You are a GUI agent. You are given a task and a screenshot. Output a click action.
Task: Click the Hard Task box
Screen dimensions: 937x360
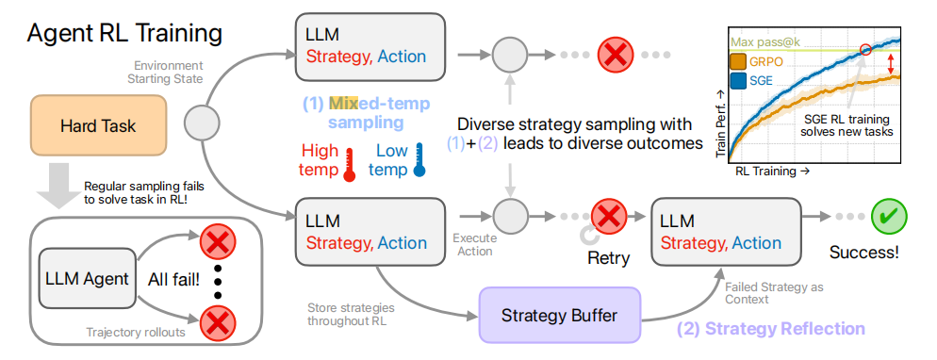[98, 126]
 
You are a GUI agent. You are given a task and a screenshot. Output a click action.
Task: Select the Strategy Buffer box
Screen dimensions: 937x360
[558, 315]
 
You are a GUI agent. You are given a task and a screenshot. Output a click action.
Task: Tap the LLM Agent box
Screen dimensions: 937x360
[88, 278]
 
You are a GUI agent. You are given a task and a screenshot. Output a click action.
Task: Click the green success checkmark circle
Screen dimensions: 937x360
[889, 216]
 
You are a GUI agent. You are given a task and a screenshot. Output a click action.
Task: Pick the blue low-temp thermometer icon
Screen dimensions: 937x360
[419, 160]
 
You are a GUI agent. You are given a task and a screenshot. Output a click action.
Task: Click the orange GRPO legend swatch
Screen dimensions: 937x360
[738, 62]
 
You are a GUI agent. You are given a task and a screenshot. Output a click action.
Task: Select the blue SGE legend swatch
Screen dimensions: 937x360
[738, 80]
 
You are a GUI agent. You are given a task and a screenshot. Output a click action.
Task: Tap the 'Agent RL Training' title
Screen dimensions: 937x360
[124, 34]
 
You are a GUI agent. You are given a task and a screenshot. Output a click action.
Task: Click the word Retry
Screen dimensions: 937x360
[608, 258]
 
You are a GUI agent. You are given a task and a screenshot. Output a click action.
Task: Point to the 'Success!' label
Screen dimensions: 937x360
[864, 252]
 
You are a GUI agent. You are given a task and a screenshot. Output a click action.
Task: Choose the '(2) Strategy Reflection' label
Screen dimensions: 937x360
[770, 328]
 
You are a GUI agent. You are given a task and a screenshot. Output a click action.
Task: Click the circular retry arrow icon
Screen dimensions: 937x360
[588, 237]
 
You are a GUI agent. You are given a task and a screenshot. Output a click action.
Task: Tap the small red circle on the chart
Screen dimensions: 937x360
[864, 50]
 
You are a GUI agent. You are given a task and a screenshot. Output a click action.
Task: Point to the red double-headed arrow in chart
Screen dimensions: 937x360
[891, 61]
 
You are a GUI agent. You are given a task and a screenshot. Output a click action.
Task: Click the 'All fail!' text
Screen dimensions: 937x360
[173, 279]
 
